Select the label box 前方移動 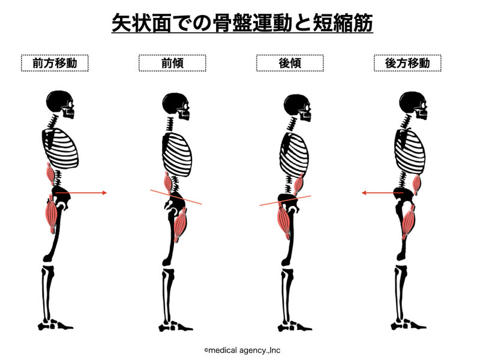(x=55, y=63)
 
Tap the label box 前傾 (x=172, y=63)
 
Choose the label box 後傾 (x=290, y=63)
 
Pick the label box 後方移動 (x=407, y=63)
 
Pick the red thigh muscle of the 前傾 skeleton (x=181, y=224)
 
